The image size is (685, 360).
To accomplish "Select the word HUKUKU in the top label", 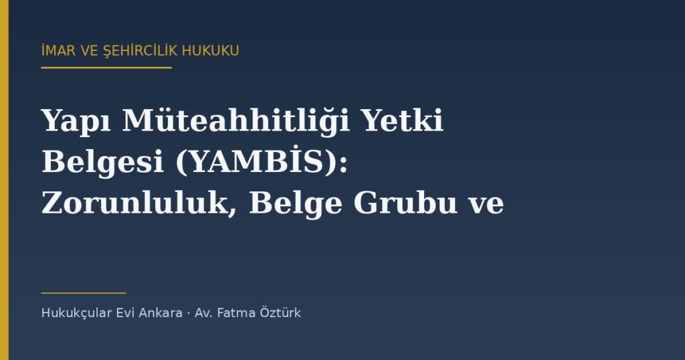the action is coord(211,51).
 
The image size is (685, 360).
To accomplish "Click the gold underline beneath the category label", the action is coord(106,68).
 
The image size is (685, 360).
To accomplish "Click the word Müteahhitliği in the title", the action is coord(236,121).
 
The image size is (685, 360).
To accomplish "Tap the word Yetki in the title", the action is coord(403,120).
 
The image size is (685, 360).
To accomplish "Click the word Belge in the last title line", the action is coord(295,204).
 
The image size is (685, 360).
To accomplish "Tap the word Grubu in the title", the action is coord(405,203).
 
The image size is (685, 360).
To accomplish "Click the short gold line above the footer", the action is coord(84,293).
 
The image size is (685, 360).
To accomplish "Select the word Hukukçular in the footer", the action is coord(76,313).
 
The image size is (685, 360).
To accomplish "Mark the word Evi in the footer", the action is coord(125,313).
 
